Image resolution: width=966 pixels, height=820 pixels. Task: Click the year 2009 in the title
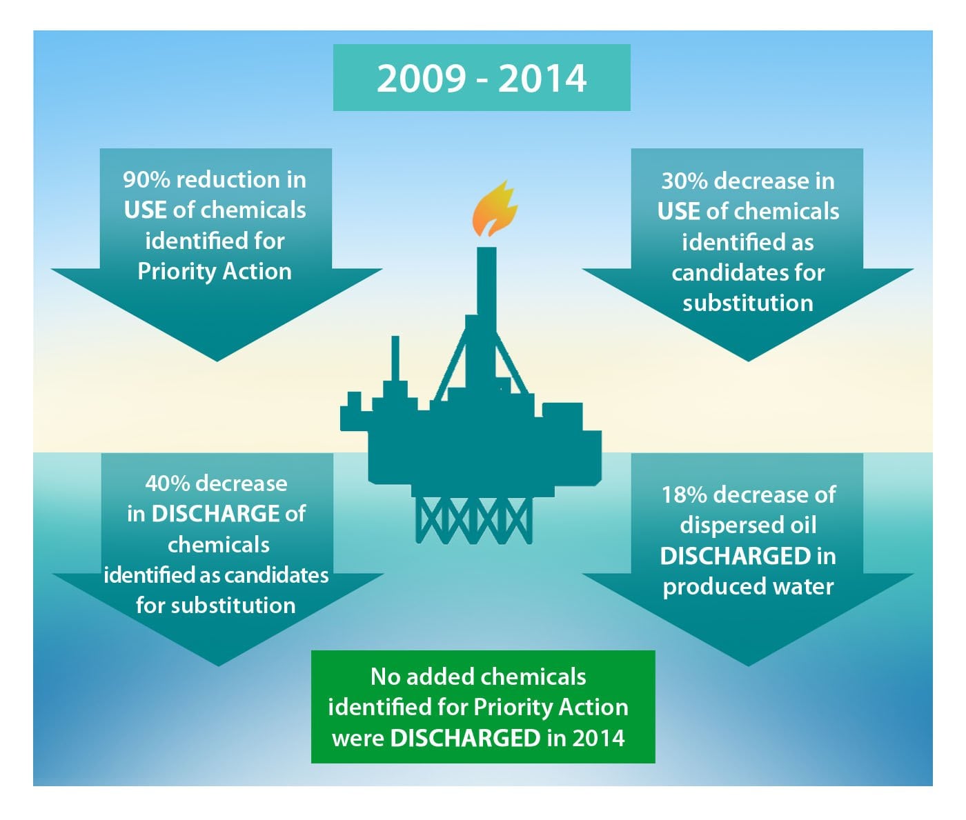(x=422, y=79)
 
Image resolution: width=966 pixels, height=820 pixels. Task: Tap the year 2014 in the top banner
(x=542, y=79)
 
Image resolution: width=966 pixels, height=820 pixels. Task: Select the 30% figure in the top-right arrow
(x=684, y=181)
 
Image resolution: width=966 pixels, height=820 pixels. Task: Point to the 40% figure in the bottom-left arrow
(x=168, y=483)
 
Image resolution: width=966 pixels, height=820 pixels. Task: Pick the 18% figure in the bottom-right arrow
(x=684, y=495)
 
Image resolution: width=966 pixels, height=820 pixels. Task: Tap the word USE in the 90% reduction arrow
(x=146, y=210)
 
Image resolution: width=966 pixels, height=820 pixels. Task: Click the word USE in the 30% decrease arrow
(x=678, y=212)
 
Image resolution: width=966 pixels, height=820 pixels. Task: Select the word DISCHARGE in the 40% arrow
(x=215, y=514)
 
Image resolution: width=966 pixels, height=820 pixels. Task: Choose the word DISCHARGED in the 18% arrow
(x=735, y=556)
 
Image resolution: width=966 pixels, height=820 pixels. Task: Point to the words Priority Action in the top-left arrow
(x=215, y=272)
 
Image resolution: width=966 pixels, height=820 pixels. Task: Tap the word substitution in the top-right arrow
(x=748, y=303)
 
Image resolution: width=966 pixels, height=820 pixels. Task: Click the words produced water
(x=748, y=588)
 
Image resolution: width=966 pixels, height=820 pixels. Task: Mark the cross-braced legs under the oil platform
(x=474, y=520)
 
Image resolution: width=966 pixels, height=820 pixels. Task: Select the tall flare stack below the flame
(x=486, y=281)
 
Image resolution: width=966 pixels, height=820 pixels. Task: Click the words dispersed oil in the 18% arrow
(x=748, y=526)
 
